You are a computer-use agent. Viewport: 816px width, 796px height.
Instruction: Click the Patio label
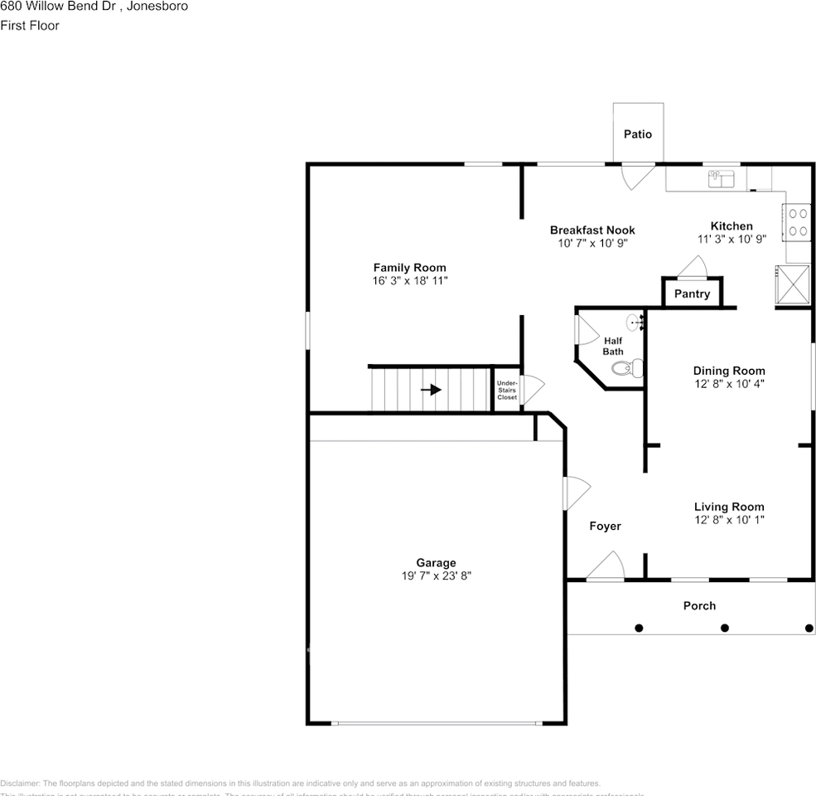point(637,134)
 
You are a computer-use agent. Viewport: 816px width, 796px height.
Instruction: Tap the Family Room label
point(409,268)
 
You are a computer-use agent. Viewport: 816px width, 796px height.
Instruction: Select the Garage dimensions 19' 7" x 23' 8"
point(437,575)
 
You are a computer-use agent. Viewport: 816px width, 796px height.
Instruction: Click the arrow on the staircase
point(431,389)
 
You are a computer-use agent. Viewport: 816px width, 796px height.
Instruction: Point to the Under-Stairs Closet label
point(506,390)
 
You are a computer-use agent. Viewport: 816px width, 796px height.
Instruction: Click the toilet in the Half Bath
point(634,367)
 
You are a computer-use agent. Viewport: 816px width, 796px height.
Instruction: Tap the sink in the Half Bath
point(636,322)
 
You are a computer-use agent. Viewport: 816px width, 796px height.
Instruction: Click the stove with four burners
point(798,221)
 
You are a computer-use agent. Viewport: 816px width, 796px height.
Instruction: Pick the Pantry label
point(692,294)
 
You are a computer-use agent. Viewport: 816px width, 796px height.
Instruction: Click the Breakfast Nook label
point(592,231)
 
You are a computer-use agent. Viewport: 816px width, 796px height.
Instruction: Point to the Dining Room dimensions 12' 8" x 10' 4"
point(729,384)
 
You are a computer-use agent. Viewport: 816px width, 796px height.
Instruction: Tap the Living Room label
point(729,507)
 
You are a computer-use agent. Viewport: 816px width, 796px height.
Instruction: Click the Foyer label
point(605,527)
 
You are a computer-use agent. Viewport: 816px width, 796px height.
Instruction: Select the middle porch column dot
point(724,628)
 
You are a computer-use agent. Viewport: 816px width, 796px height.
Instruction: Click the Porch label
point(699,606)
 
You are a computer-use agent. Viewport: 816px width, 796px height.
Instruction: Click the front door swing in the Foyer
point(607,566)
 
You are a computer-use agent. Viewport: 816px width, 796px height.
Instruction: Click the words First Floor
point(30,26)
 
